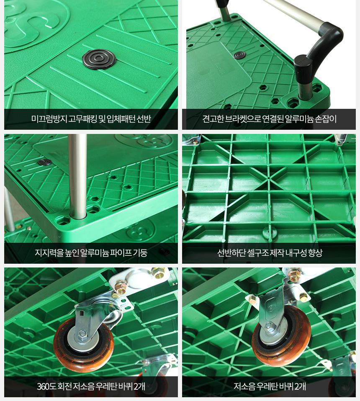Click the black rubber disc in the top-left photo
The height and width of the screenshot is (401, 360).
coord(99,59)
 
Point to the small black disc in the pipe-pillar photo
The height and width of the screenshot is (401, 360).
coord(45,162)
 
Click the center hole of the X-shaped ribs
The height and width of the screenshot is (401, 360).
coord(269,177)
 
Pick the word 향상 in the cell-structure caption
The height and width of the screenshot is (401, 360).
coord(315,253)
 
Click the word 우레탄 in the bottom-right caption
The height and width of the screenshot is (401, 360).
coord(267,386)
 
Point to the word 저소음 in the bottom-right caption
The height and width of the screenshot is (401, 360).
coord(244,386)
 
